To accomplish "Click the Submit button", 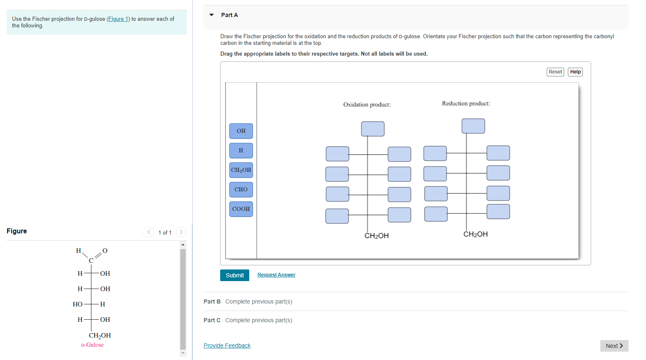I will click(x=234, y=275).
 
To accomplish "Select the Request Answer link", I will click(x=276, y=275).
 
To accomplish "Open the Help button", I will click(x=575, y=72).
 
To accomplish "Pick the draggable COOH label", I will click(x=241, y=209).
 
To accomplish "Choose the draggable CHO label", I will click(x=241, y=189).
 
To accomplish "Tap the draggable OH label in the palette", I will click(x=241, y=131).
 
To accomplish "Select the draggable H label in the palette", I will click(x=241, y=150).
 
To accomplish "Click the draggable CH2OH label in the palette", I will click(x=241, y=170).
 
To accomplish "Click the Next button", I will click(x=614, y=346).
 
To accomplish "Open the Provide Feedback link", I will click(x=227, y=345).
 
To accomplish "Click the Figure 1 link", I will click(x=118, y=19).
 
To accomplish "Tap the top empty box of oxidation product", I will click(x=373, y=129).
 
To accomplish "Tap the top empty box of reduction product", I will click(x=473, y=126).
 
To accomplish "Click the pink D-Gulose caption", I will click(x=92, y=345).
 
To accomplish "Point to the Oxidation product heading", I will click(x=367, y=105).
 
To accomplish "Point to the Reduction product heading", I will click(x=466, y=103).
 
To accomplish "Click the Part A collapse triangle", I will click(x=211, y=15).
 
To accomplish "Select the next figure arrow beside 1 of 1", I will click(x=181, y=232).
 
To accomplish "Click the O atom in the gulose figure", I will click(x=105, y=250).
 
